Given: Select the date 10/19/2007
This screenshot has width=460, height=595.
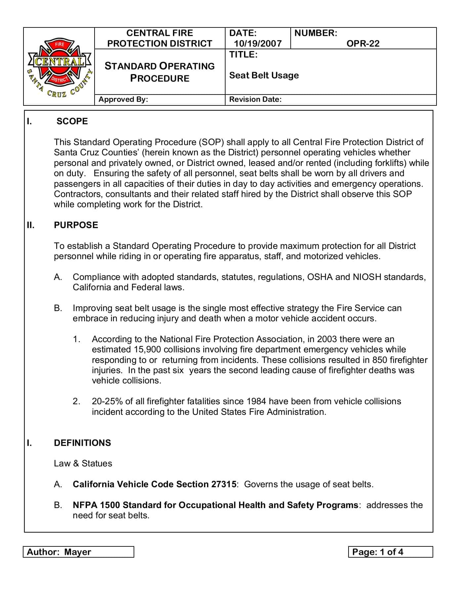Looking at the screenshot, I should (258, 44).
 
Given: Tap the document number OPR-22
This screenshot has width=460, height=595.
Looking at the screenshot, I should (363, 44).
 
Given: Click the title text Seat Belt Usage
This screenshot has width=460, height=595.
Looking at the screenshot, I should (264, 75).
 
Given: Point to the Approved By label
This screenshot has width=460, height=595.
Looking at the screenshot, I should (123, 99).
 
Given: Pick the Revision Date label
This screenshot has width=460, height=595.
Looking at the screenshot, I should (255, 99).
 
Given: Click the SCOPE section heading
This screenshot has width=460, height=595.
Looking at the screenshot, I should (72, 121).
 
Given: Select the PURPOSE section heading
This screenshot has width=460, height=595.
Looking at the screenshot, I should (76, 225).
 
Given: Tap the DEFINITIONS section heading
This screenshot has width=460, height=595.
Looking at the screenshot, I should (82, 443).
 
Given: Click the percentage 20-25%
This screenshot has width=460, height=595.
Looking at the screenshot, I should (107, 401).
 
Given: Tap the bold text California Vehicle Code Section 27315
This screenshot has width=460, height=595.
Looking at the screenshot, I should (154, 484).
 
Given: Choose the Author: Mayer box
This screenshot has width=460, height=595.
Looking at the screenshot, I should (78, 552).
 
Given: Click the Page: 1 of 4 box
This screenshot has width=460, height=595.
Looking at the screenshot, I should (390, 552).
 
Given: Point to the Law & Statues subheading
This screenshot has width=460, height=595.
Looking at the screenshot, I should (83, 463).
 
